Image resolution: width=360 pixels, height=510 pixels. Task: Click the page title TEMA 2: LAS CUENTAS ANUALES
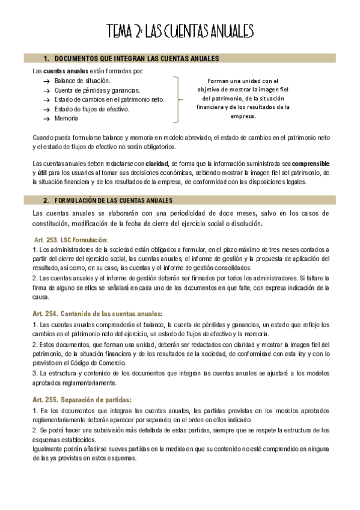pyautogui.click(x=180, y=31)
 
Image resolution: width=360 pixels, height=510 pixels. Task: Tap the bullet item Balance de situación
pyautogui.click(x=82, y=80)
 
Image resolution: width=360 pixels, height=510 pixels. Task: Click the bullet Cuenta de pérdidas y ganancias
pyautogui.click(x=97, y=90)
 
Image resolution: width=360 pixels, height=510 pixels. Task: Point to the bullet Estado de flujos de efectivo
pyautogui.click(x=91, y=109)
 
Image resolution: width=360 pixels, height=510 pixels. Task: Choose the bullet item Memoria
pyautogui.click(x=66, y=118)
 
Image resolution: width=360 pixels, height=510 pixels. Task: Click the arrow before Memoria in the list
pyautogui.click(x=47, y=119)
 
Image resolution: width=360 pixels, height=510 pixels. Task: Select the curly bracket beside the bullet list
pyautogui.click(x=175, y=99)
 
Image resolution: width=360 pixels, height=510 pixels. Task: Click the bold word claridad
pyautogui.click(x=157, y=163)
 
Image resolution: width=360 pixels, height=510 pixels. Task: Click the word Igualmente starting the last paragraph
pyautogui.click(x=49, y=449)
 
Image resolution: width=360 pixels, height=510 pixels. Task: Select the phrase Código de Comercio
pyautogui.click(x=101, y=363)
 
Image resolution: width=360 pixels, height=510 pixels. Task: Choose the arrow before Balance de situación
pyautogui.click(x=47, y=81)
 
